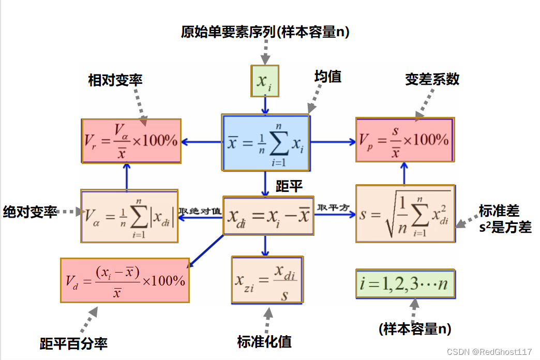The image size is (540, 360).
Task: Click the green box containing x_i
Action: (x=265, y=81)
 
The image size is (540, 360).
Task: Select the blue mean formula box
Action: (x=266, y=142)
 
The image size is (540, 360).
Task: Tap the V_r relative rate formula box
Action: (x=131, y=140)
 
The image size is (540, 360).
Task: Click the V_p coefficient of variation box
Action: (x=404, y=140)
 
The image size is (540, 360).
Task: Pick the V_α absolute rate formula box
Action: (x=129, y=216)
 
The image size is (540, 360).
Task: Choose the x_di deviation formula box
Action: (x=268, y=215)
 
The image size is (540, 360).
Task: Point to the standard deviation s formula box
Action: (x=405, y=214)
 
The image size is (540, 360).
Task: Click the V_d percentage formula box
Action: (x=125, y=280)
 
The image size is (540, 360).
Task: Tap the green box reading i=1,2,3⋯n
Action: (x=405, y=283)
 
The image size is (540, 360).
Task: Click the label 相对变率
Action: (x=115, y=80)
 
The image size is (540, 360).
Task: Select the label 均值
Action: (x=327, y=77)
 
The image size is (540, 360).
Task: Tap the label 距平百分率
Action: (x=73, y=343)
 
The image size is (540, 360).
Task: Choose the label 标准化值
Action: (x=264, y=341)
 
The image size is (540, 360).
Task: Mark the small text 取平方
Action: (x=334, y=208)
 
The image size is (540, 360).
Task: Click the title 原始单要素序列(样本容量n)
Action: (x=265, y=33)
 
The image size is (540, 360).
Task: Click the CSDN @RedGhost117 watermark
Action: (x=489, y=351)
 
